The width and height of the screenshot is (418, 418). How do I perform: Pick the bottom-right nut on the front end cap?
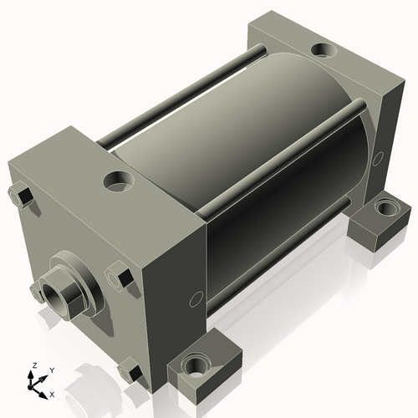pos(130,370)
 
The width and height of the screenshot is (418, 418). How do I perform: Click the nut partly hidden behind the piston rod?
pos(38,292)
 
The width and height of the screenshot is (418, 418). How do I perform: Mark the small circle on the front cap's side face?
pos(196,298)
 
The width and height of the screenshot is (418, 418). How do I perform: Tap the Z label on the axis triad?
pos(33,365)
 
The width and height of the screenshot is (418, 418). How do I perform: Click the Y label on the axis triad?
pos(51,369)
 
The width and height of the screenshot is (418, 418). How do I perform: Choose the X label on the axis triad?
pos(53,393)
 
